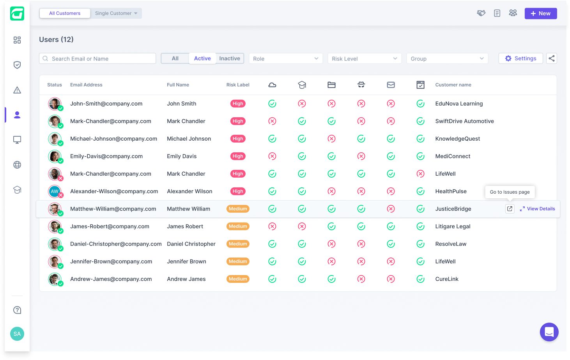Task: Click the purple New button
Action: [x=540, y=14]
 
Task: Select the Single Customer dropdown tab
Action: [x=116, y=13]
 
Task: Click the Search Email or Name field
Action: [x=97, y=58]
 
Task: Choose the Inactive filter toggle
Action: [x=230, y=58]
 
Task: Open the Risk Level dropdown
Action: [x=365, y=58]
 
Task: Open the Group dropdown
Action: [x=447, y=58]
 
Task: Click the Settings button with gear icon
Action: [x=520, y=58]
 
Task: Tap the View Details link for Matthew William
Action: [x=537, y=209]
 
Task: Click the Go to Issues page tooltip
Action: [x=510, y=192]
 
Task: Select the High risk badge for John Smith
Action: [x=238, y=104]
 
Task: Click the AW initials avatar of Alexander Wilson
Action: [x=55, y=191]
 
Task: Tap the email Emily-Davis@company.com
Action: [x=106, y=156]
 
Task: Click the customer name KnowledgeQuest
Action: [x=458, y=139]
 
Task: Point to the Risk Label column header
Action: [x=238, y=85]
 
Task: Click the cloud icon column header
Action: [x=272, y=85]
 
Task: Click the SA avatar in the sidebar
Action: [x=17, y=334]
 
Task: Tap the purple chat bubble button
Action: [x=549, y=332]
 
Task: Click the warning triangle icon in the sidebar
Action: [x=17, y=90]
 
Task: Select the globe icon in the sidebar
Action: [x=17, y=165]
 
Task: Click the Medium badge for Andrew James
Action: [x=238, y=279]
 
